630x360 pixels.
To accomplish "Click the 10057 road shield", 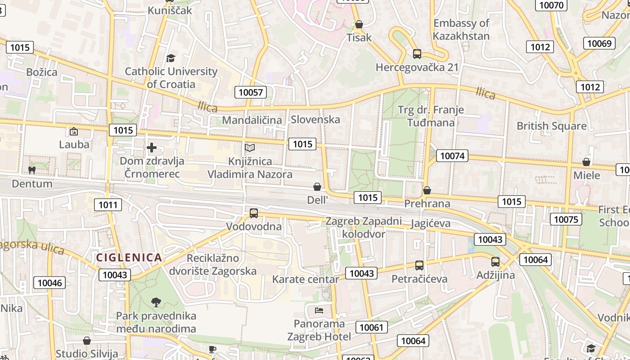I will point(251,93).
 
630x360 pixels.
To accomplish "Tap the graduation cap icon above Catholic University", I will point(171,58).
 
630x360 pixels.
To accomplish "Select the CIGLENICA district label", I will point(129,257).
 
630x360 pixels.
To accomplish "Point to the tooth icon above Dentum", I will point(31,171).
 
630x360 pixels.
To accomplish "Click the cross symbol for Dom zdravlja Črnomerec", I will point(152,148).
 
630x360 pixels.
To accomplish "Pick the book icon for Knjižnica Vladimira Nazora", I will point(250,148).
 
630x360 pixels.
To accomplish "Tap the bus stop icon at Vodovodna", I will point(254,213).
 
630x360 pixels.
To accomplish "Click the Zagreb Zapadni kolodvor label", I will point(364,227).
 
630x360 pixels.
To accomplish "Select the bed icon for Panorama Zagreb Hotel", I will point(319,310).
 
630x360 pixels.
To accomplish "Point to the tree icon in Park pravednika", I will point(156,302).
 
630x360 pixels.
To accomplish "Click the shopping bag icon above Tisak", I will point(359,24).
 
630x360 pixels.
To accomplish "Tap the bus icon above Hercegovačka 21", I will point(417,54).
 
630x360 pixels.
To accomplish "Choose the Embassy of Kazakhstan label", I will point(461,29).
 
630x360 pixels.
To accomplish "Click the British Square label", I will point(551,126).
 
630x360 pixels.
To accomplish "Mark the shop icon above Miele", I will point(586,162).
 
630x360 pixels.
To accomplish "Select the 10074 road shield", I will point(452,156).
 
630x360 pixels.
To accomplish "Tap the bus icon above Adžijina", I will point(495,261).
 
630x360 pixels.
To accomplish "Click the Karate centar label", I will point(306,279).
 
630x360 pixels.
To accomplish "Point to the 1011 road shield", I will point(108,205).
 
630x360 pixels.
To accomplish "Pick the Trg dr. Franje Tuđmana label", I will point(431,116).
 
